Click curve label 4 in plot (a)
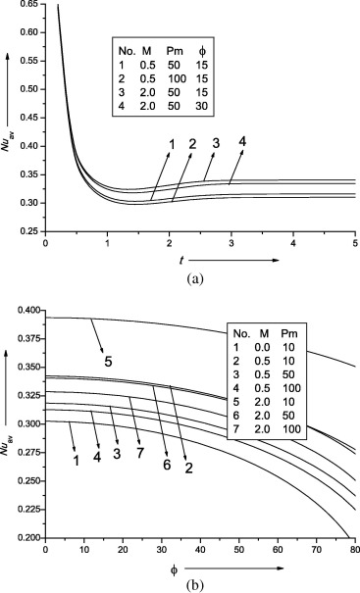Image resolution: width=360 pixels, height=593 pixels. coord(240,141)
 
